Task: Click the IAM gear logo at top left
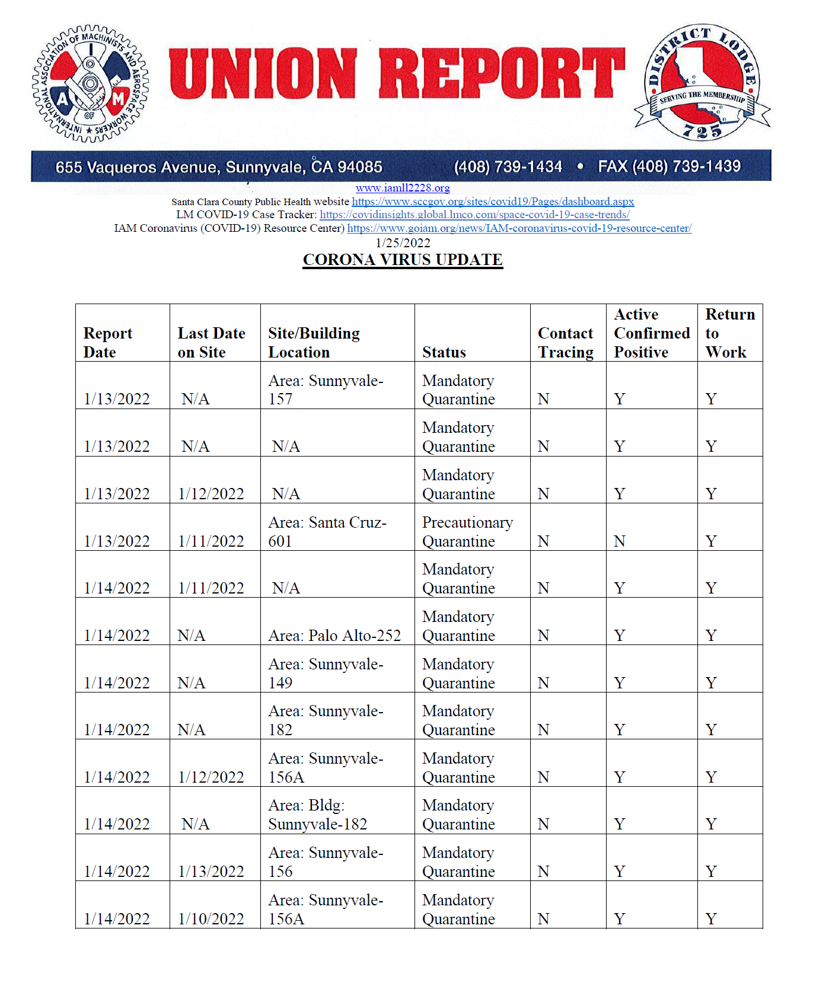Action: pyautogui.click(x=90, y=83)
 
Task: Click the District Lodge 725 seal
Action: pyautogui.click(x=702, y=82)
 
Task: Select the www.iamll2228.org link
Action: pyautogui.click(x=403, y=188)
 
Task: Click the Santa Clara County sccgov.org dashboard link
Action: pyautogui.click(x=493, y=202)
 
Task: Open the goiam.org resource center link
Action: pyautogui.click(x=519, y=228)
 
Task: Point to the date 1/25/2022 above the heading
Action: pyautogui.click(x=403, y=243)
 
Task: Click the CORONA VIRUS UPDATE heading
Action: pyautogui.click(x=403, y=260)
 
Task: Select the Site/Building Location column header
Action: pyautogui.click(x=314, y=342)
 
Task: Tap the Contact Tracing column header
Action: pyautogui.click(x=565, y=342)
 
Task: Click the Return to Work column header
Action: pyautogui.click(x=729, y=333)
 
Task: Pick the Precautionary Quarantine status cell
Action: pyautogui.click(x=467, y=531)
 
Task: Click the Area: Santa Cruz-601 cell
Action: pyautogui.click(x=327, y=531)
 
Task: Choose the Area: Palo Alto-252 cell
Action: pyautogui.click(x=334, y=636)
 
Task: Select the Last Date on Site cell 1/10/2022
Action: pyautogui.click(x=211, y=918)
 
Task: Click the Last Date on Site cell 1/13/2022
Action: pyautogui.click(x=211, y=871)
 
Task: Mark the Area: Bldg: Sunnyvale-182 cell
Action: pyautogui.click(x=317, y=815)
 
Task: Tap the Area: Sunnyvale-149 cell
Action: pyautogui.click(x=326, y=673)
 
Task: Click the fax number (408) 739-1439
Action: pyautogui.click(x=669, y=167)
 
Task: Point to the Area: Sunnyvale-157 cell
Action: pyautogui.click(x=326, y=390)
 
